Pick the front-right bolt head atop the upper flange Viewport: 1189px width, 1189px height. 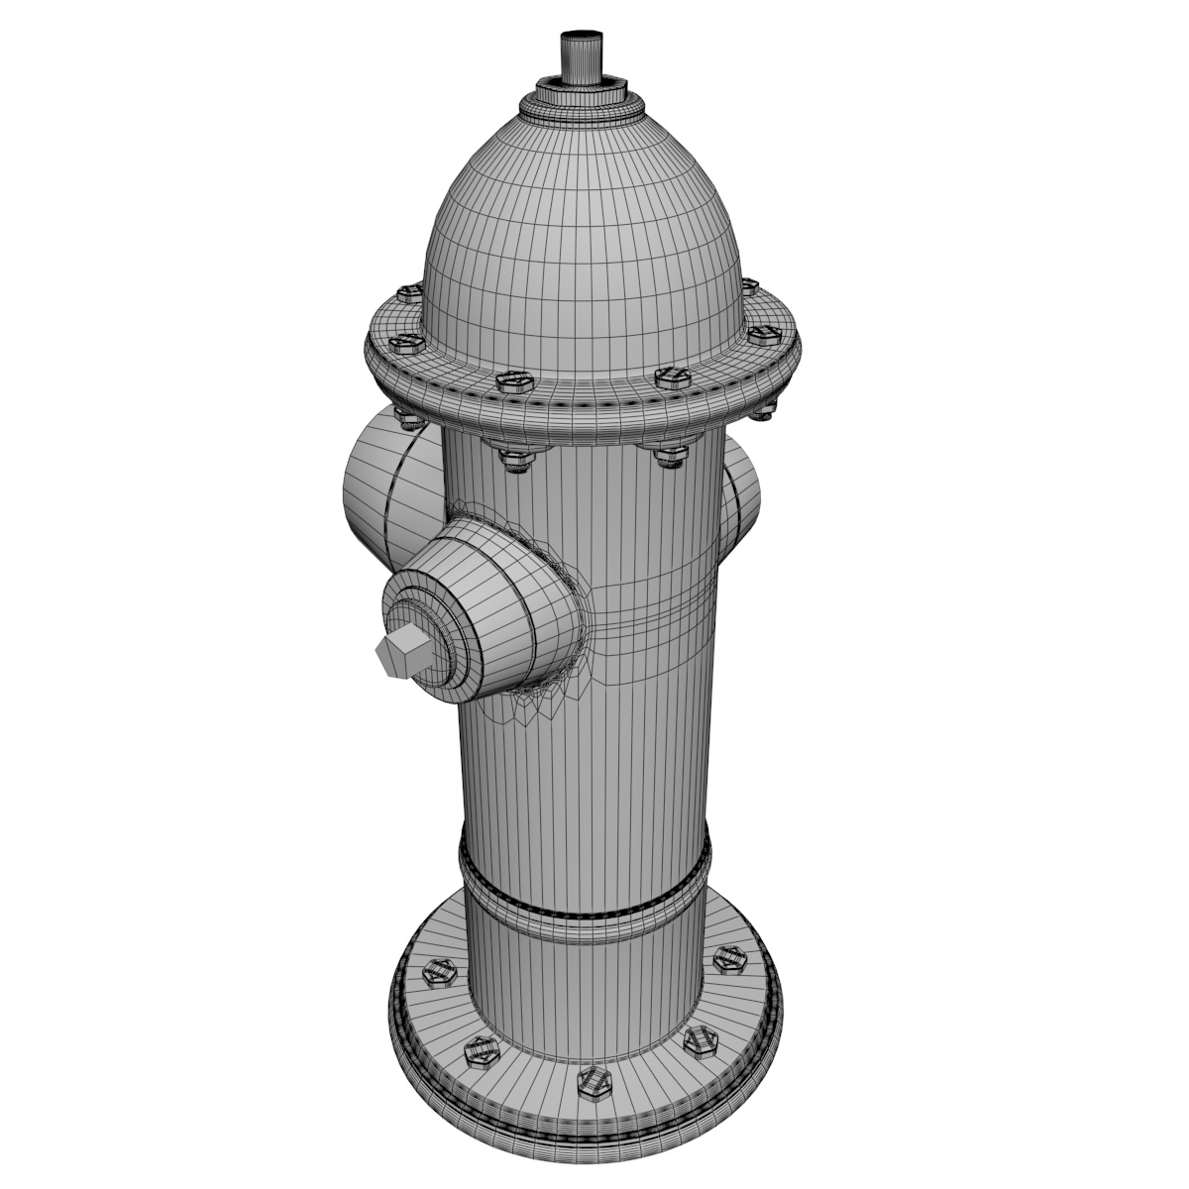point(671,378)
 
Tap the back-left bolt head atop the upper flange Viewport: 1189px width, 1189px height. point(408,293)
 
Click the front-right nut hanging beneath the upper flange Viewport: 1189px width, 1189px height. point(669,455)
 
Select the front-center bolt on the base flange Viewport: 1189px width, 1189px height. point(592,1082)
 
